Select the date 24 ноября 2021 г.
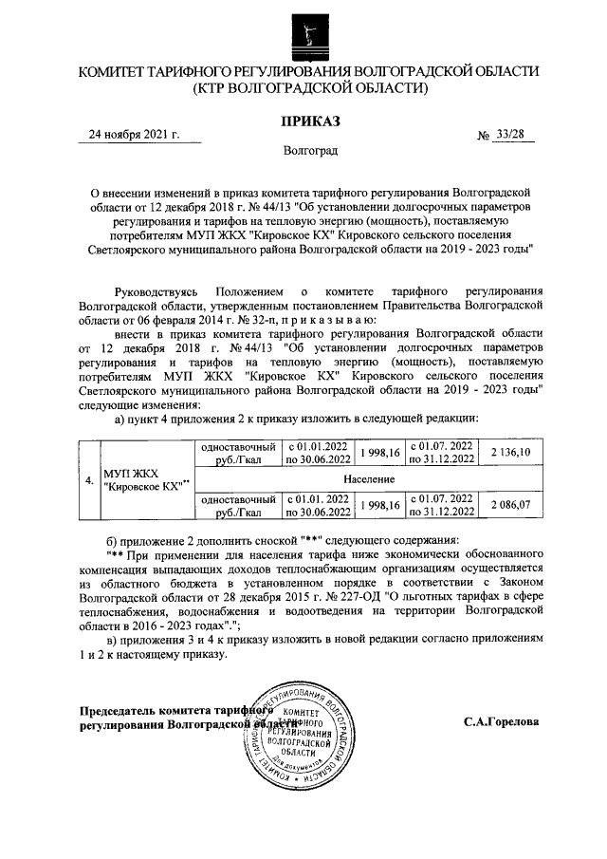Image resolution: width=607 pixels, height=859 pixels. (133, 135)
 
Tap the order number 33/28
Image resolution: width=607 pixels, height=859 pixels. (509, 135)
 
